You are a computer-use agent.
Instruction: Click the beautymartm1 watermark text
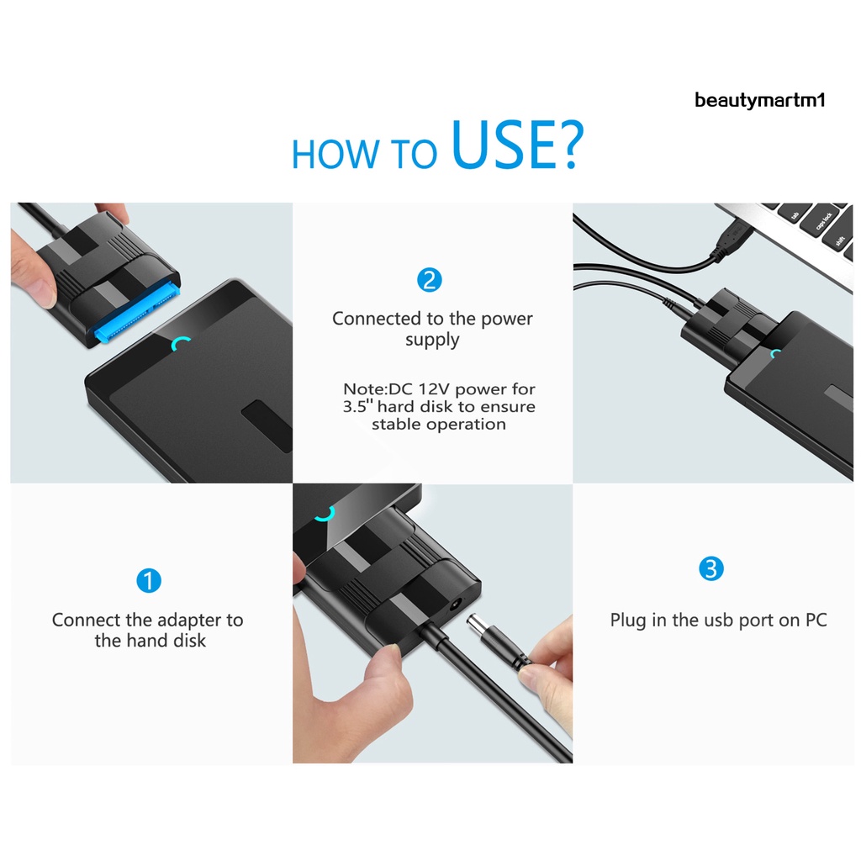(759, 101)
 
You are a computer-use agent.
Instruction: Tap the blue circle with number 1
(148, 580)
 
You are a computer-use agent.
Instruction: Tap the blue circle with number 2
(430, 280)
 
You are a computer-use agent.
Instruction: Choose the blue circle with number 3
(710, 569)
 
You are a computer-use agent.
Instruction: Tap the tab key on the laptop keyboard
(794, 213)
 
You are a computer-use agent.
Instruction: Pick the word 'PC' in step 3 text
(815, 621)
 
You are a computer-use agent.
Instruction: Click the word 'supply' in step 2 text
(432, 341)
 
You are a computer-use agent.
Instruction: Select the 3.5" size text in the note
(362, 407)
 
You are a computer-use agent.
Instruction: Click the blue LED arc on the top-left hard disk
(182, 343)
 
